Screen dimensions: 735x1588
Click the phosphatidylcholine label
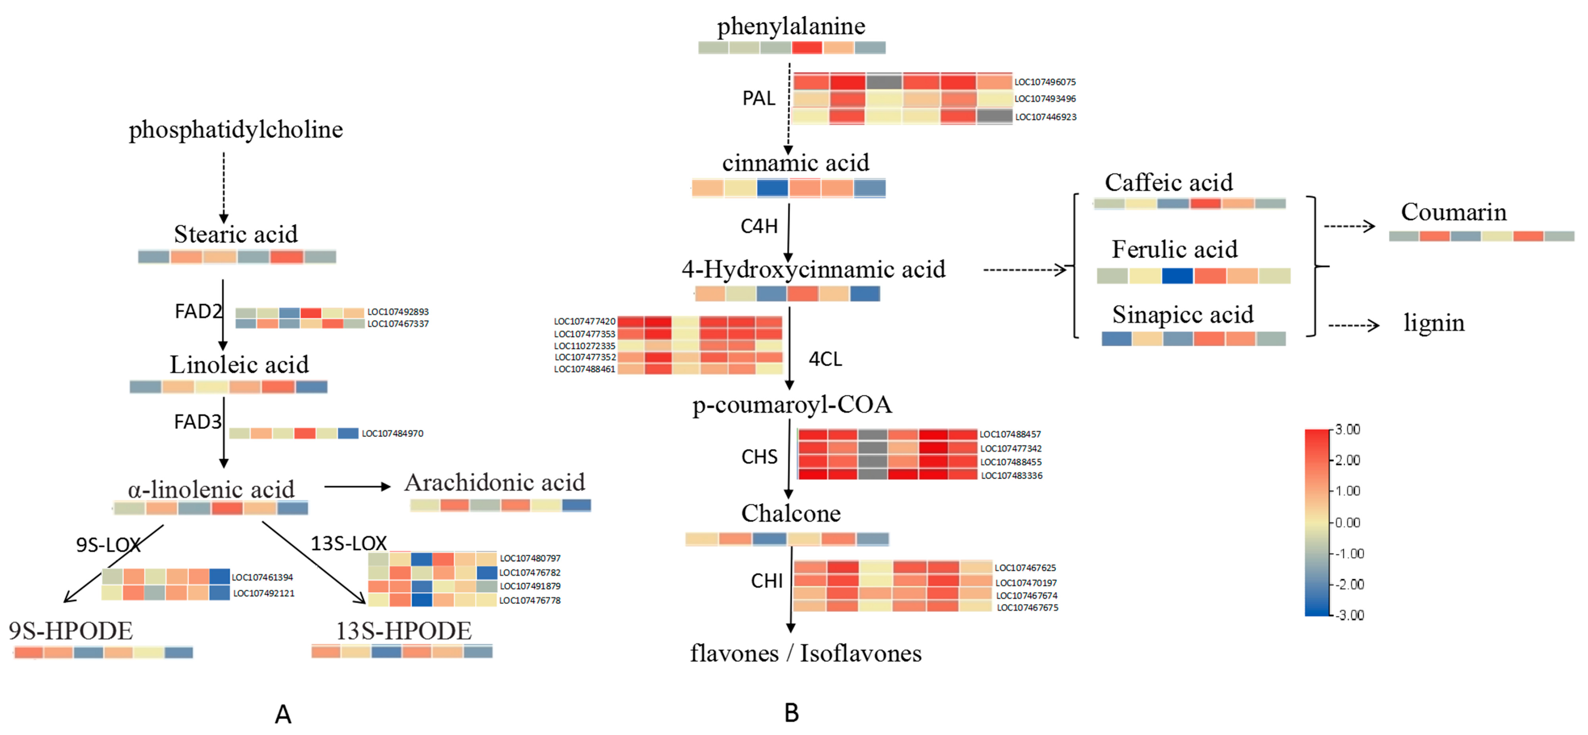(x=235, y=130)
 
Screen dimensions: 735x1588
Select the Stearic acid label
(x=235, y=234)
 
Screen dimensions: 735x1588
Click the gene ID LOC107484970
(x=392, y=433)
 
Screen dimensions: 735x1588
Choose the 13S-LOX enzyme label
(x=348, y=543)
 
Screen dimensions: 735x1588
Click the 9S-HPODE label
(x=70, y=631)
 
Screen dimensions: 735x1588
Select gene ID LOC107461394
(x=262, y=577)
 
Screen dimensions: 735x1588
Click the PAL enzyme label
(x=758, y=98)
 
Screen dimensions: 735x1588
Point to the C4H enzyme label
(x=759, y=226)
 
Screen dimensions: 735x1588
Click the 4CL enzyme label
(x=825, y=359)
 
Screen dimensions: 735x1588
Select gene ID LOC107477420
(x=584, y=321)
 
